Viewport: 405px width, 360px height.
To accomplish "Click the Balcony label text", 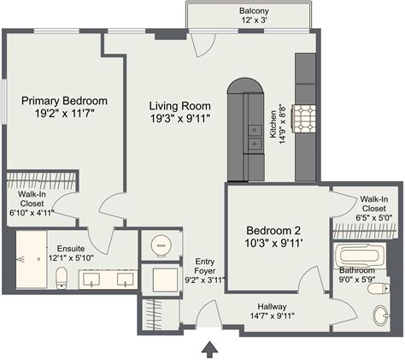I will (x=230, y=10).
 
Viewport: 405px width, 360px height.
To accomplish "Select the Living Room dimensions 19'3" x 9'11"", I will (x=180, y=118).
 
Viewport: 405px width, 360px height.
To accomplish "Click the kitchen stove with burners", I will (x=305, y=115).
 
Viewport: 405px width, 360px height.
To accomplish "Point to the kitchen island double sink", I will (x=255, y=137).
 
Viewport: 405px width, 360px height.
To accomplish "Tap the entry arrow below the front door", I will (x=208, y=348).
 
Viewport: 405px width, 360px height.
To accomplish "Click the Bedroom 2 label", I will (x=273, y=230).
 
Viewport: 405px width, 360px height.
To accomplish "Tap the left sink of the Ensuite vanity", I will (x=91, y=280).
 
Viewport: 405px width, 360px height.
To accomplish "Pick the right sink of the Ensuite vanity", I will (x=125, y=280).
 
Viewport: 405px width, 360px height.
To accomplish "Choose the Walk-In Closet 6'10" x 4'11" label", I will (x=31, y=202).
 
